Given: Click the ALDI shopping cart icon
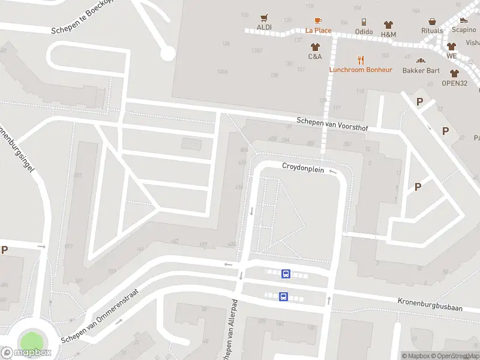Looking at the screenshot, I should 263,18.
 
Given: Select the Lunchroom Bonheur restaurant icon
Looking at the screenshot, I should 361,60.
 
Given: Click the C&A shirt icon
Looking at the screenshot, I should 315,47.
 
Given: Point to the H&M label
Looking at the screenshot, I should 388,34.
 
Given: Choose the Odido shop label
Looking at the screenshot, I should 364,32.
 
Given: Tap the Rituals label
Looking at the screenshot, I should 432,31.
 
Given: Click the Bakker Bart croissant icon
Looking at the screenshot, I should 421,61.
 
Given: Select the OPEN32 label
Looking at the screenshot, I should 454,83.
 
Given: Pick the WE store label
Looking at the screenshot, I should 451,56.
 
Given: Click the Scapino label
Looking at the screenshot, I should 464,29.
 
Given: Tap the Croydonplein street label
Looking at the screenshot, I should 303,169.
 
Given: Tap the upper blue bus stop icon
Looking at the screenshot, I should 286,274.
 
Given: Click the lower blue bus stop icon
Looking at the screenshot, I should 283,296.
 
